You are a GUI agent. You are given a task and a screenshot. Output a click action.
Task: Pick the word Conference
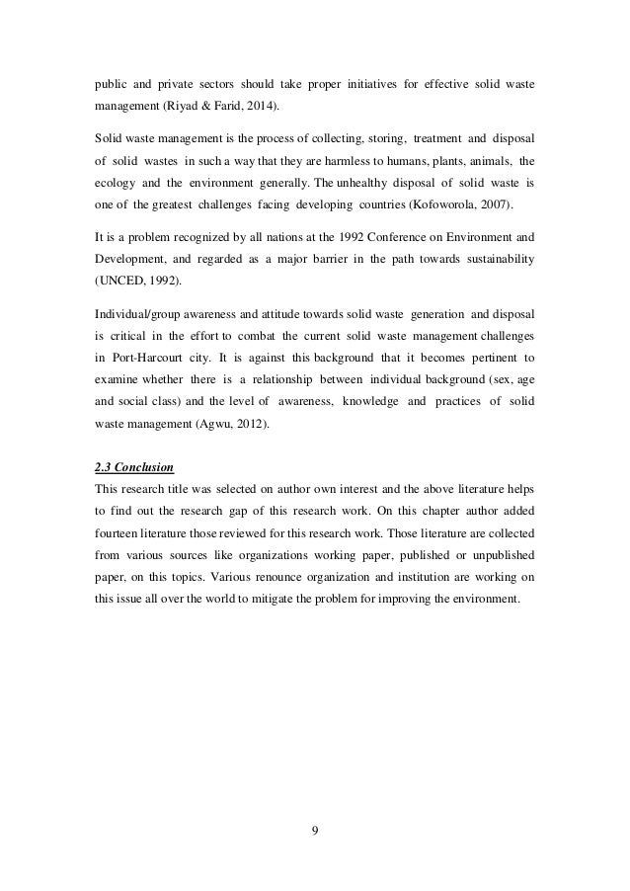pos(377,237)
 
